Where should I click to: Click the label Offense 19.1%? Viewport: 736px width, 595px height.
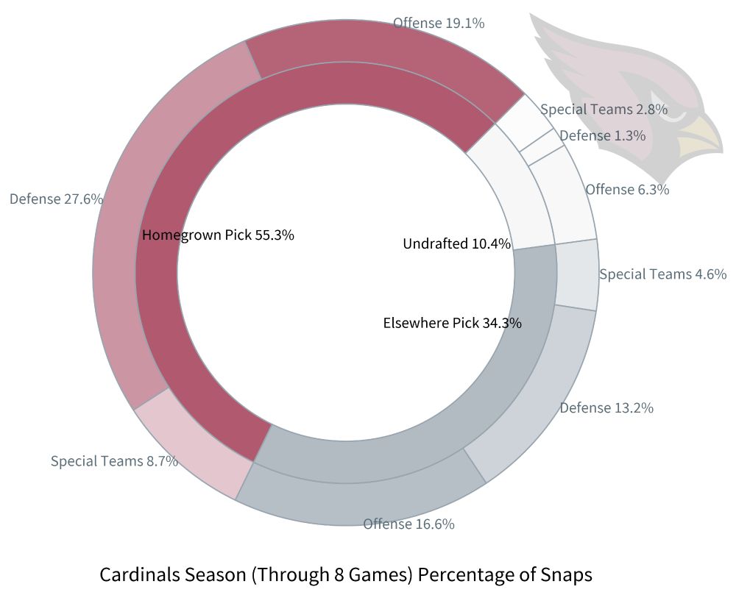[x=439, y=23]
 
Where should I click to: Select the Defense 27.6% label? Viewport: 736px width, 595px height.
[x=56, y=199]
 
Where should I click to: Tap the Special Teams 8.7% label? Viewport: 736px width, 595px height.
[x=114, y=461]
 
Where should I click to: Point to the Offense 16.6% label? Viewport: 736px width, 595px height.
[x=408, y=524]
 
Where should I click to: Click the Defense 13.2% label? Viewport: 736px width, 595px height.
[x=606, y=407]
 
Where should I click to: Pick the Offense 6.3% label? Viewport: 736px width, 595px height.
[x=627, y=189]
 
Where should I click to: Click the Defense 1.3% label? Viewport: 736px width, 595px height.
[x=602, y=135]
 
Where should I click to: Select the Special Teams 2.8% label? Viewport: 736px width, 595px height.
[x=604, y=110]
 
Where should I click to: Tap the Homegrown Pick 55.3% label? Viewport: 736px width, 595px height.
[x=218, y=235]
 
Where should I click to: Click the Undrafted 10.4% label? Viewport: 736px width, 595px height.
[x=456, y=243]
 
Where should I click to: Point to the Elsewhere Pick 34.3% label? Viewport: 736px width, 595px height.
[x=453, y=322]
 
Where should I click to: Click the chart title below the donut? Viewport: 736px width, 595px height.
[x=345, y=574]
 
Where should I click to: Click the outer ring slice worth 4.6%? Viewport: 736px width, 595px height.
[x=576, y=274]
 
